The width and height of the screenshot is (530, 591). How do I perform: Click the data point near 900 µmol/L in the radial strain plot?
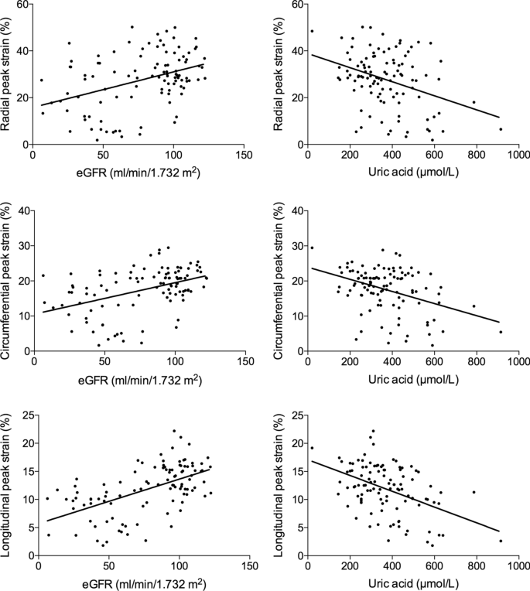501,129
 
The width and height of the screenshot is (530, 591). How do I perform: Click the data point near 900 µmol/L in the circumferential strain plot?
501,332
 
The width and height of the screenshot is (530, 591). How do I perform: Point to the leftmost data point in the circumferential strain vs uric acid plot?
312,248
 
